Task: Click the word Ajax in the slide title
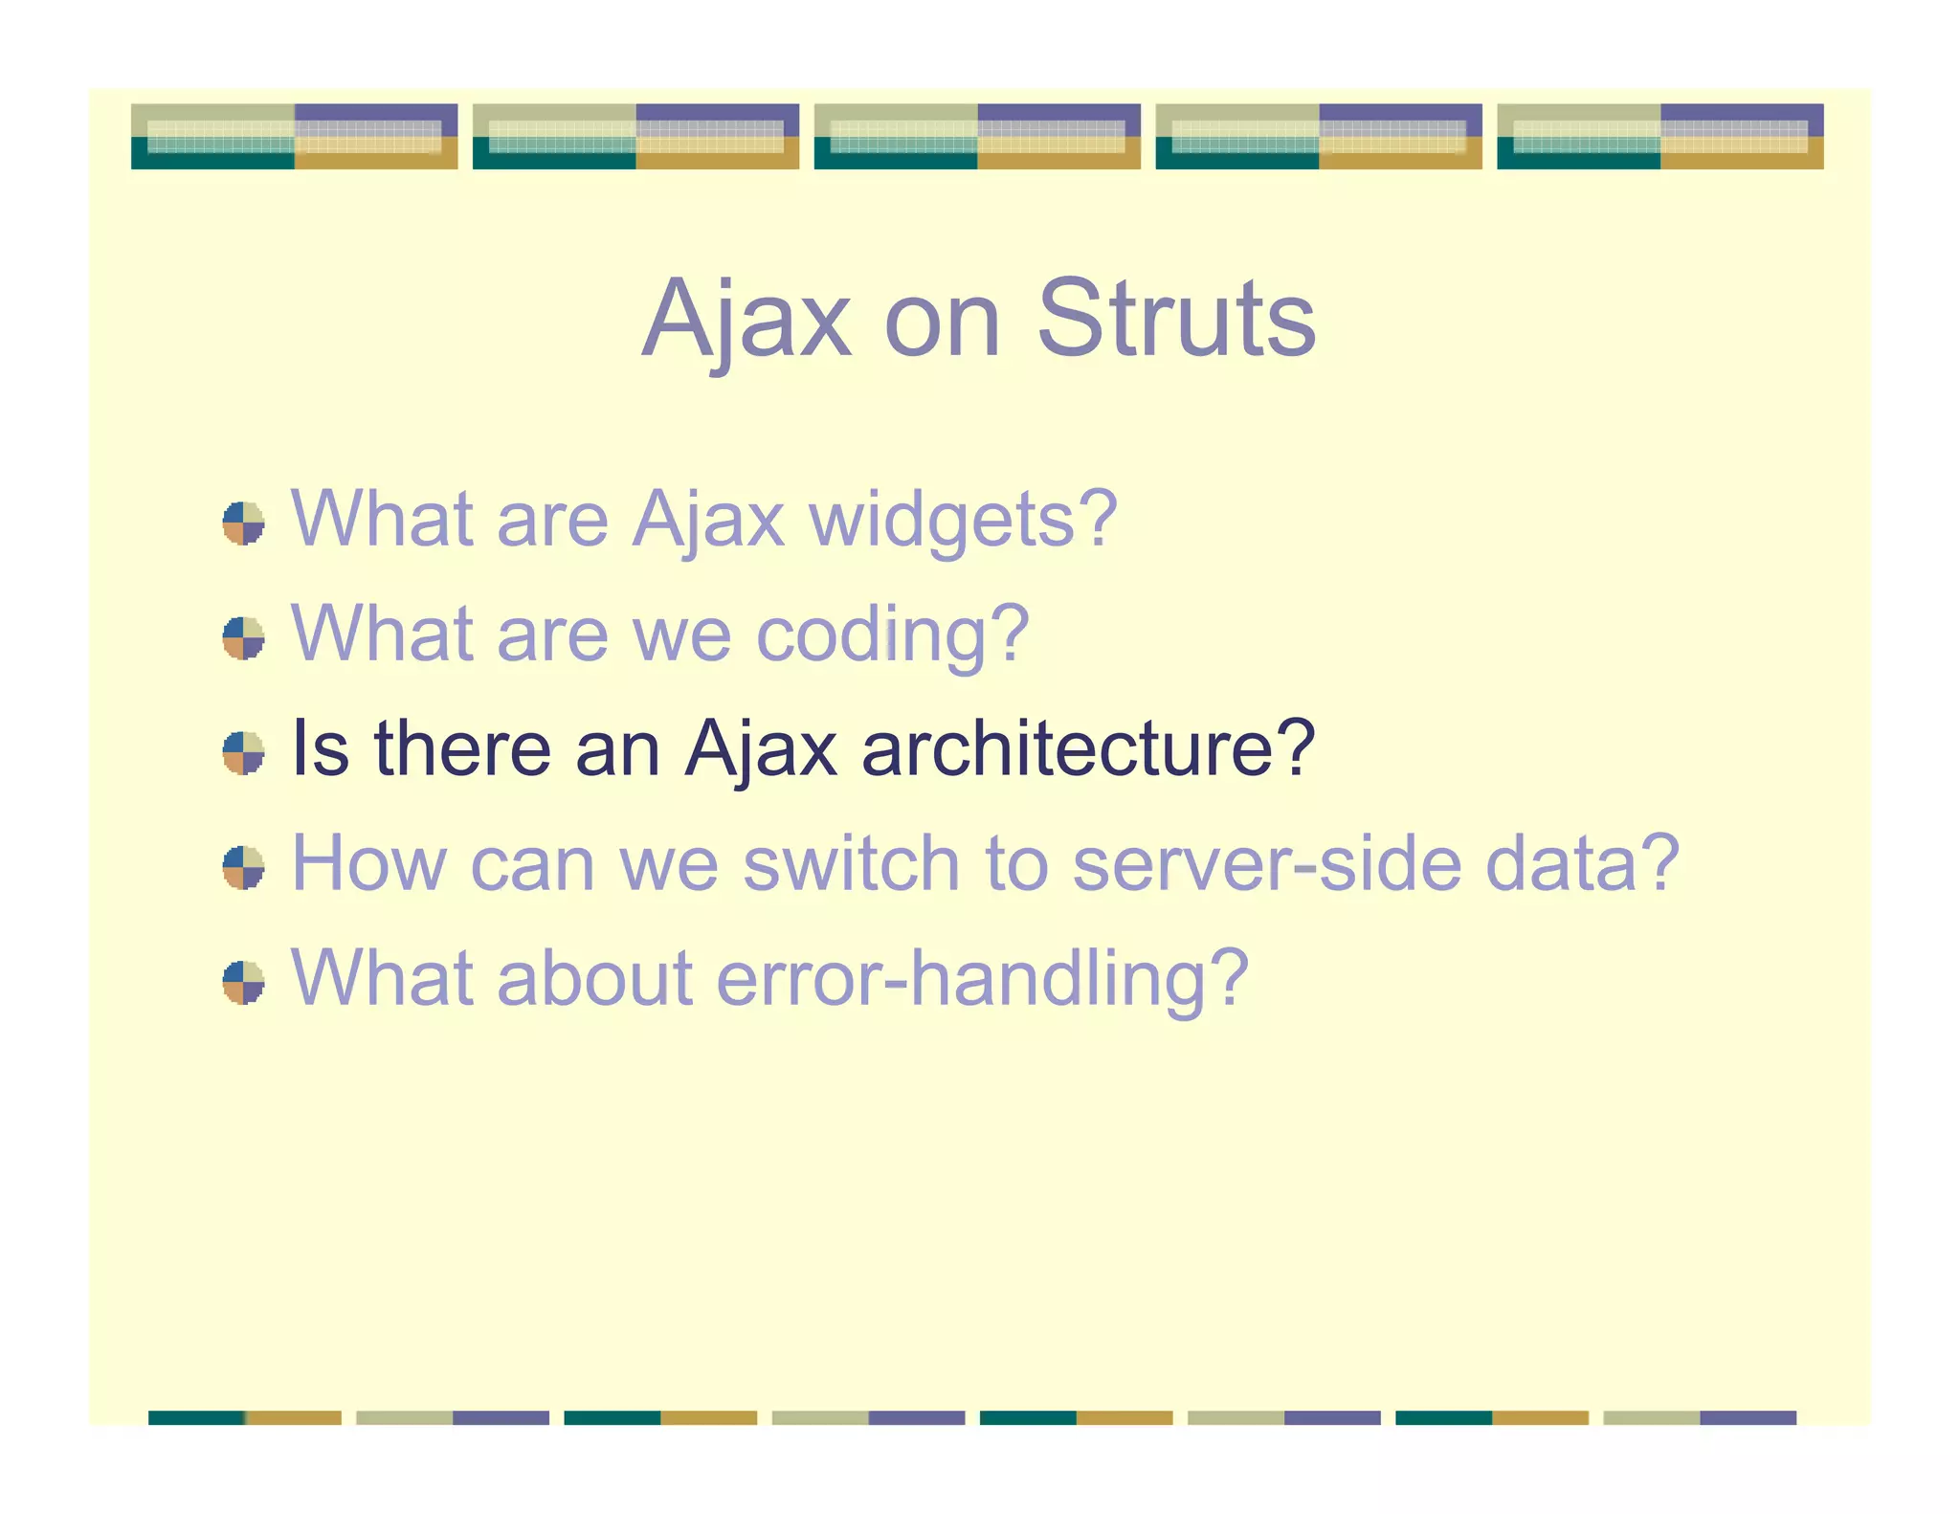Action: pyautogui.click(x=746, y=319)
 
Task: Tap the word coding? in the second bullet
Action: pyautogui.click(x=892, y=635)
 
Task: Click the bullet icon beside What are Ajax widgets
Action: pyautogui.click(x=243, y=523)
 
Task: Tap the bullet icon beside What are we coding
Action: pyautogui.click(x=243, y=638)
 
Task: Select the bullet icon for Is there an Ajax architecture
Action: pyautogui.click(x=243, y=753)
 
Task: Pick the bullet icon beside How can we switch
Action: pyautogui.click(x=243, y=868)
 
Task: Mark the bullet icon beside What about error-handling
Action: pyautogui.click(x=243, y=983)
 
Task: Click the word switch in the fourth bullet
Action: pyautogui.click(x=851, y=863)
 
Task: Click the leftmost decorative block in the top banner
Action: pyautogui.click(x=294, y=137)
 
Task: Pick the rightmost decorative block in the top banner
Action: pyautogui.click(x=1659, y=137)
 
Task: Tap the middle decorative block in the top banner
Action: pyautogui.click(x=977, y=137)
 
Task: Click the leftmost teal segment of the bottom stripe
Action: pyautogui.click(x=196, y=1417)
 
